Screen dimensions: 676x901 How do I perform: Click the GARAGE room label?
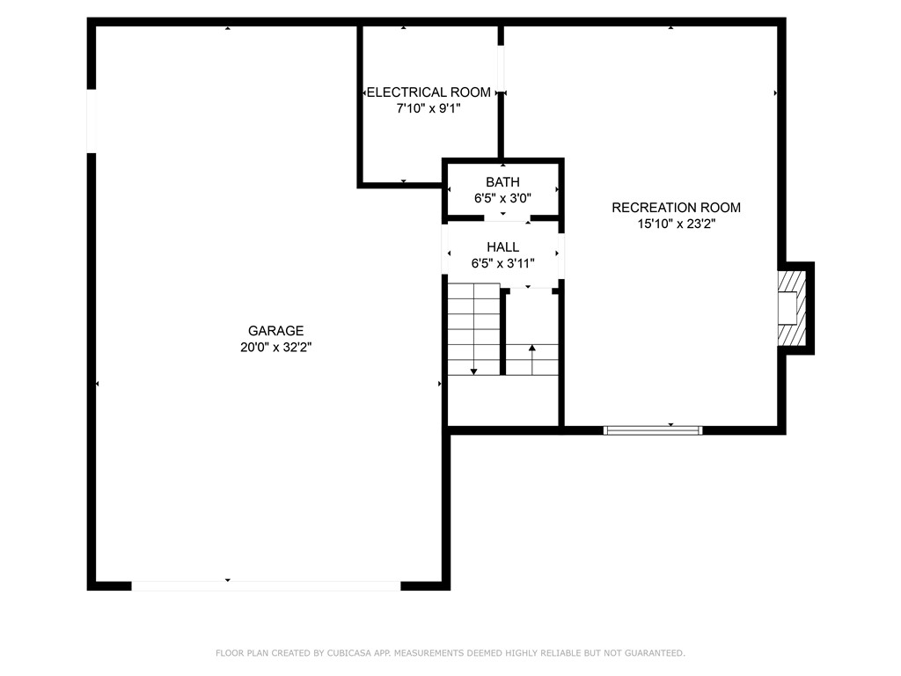275,331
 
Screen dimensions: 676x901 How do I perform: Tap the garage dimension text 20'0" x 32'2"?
275,348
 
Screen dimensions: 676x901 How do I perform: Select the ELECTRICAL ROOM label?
429,92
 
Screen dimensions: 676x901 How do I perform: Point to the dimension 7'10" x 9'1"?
429,108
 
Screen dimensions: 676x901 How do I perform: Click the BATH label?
502,182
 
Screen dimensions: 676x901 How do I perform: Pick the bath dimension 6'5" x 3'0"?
502,199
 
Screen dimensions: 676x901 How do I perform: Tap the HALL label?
502,247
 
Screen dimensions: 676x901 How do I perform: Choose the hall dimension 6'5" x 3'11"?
502,263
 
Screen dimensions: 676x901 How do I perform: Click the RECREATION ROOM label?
676,208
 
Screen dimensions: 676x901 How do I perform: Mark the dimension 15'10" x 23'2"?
676,224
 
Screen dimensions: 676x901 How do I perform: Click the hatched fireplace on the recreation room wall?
793,308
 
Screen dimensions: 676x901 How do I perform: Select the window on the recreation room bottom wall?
653,430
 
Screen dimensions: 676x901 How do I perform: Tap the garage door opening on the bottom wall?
266,585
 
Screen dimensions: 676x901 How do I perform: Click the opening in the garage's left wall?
92,121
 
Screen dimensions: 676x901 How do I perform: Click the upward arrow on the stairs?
531,349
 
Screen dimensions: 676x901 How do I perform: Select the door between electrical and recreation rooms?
502,67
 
